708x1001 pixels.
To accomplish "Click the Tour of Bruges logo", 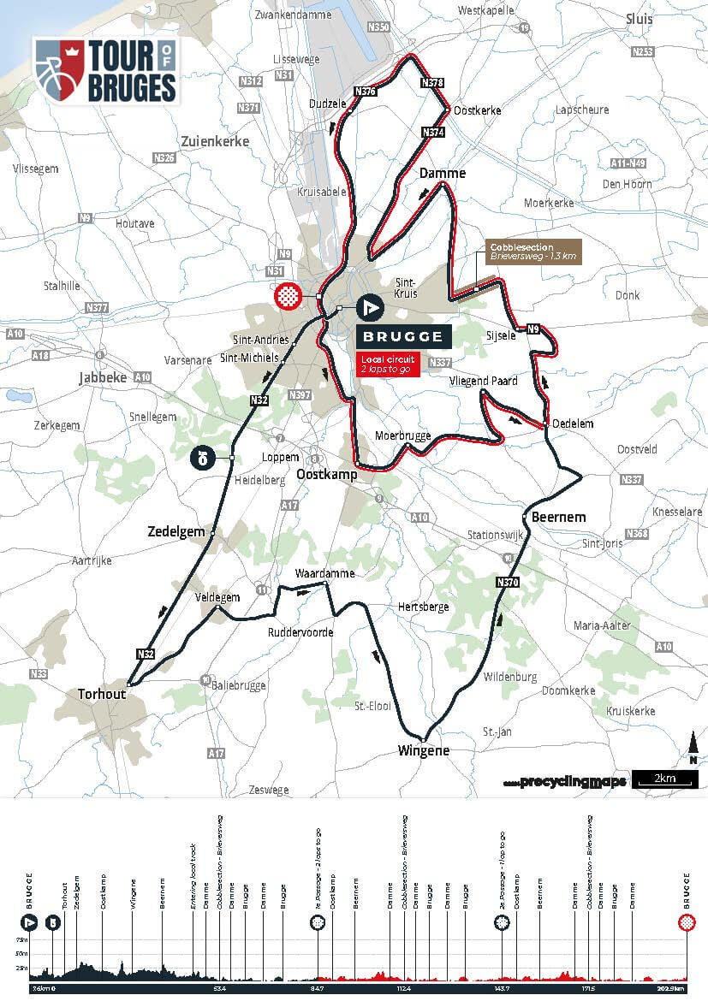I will click(x=105, y=71).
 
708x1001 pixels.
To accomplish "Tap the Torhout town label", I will click(x=101, y=694).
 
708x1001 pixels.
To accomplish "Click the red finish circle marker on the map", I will click(x=289, y=296).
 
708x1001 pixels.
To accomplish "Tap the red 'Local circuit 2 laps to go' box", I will click(x=389, y=364).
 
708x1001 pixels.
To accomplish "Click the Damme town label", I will click(x=443, y=174).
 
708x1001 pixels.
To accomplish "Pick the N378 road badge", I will click(x=432, y=83).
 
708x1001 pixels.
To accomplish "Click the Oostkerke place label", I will click(x=477, y=110).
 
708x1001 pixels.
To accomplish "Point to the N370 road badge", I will click(x=507, y=582).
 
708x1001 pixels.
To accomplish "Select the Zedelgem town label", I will click(x=182, y=531).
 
